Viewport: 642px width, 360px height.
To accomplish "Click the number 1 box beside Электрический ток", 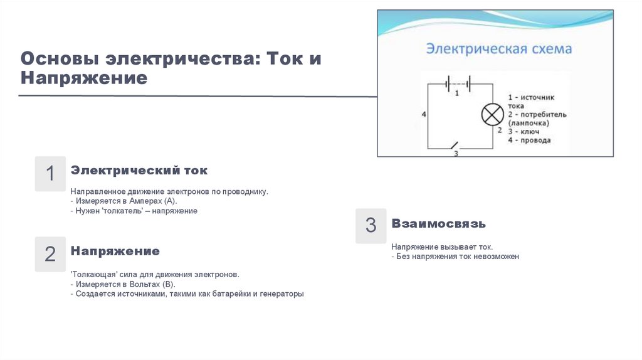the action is click(x=50, y=174).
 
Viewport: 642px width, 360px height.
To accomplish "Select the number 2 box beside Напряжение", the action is click(x=50, y=254).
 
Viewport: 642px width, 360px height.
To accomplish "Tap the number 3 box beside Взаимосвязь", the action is click(x=371, y=226).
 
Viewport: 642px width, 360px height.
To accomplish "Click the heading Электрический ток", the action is click(x=139, y=171).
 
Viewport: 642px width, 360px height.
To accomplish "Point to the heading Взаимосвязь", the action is click(x=438, y=223).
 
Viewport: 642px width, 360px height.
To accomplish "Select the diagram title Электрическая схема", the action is click(x=499, y=48).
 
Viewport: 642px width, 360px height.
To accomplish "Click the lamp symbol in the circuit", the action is click(x=492, y=114).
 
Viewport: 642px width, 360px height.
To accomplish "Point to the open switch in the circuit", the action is click(x=456, y=146).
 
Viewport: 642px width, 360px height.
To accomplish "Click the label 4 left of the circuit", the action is click(x=424, y=115).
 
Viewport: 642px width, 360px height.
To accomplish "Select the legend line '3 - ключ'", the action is click(x=524, y=132).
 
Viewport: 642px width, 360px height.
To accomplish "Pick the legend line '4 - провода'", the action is click(x=529, y=140).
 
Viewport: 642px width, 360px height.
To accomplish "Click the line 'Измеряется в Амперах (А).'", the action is click(x=126, y=201).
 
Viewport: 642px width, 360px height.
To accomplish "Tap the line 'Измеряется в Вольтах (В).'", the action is click(x=125, y=284).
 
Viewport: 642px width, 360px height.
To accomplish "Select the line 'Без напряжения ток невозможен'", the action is click(x=457, y=257).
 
